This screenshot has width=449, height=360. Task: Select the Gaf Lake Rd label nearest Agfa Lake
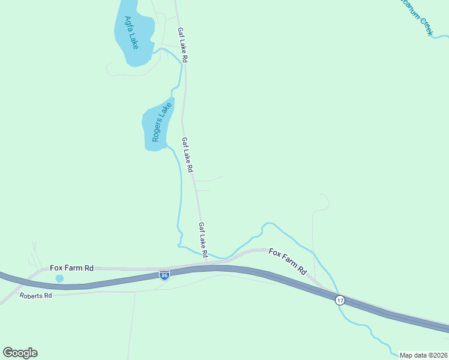tap(183, 46)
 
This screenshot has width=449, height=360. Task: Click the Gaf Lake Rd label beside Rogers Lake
tap(188, 155)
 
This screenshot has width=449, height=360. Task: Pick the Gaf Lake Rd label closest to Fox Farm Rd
tap(203, 236)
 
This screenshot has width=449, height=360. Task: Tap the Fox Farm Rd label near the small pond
tap(71, 268)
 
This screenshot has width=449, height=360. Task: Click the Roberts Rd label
tap(35, 296)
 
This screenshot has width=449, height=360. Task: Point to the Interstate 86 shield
tap(164, 275)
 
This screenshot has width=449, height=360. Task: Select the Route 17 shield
tap(340, 300)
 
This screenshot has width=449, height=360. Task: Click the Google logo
tap(20, 353)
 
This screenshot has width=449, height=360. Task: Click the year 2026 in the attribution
tap(439, 355)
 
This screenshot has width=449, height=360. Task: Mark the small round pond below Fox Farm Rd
tap(59, 278)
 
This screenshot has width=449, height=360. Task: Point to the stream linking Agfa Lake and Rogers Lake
tap(179, 75)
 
